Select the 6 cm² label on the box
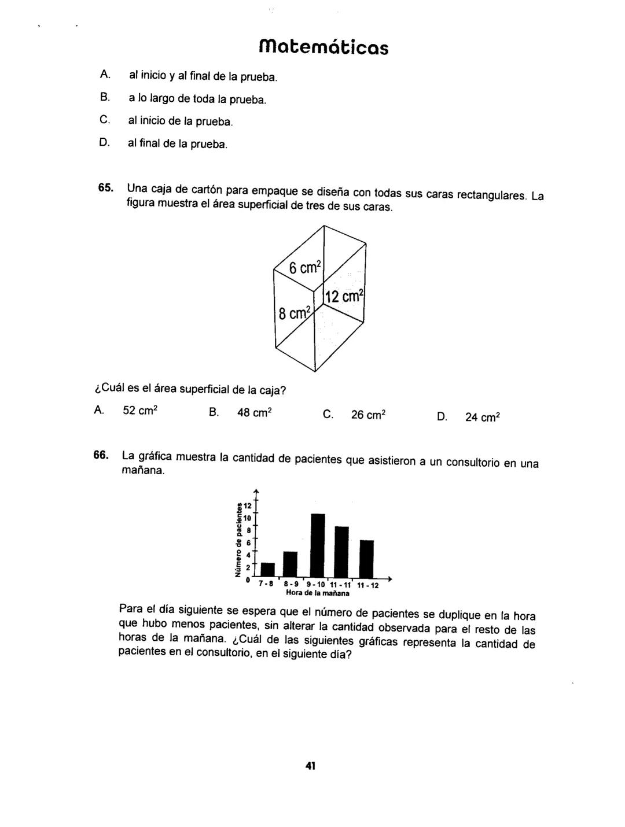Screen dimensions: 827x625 tap(304, 268)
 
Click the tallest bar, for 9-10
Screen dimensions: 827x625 tap(318, 545)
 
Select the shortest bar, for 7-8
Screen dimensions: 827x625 tap(268, 570)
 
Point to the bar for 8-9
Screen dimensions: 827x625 tap(290, 564)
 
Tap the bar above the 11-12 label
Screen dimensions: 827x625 tap(367, 559)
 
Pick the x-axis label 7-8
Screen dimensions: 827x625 tap(266, 584)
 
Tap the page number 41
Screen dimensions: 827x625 tap(310, 766)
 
